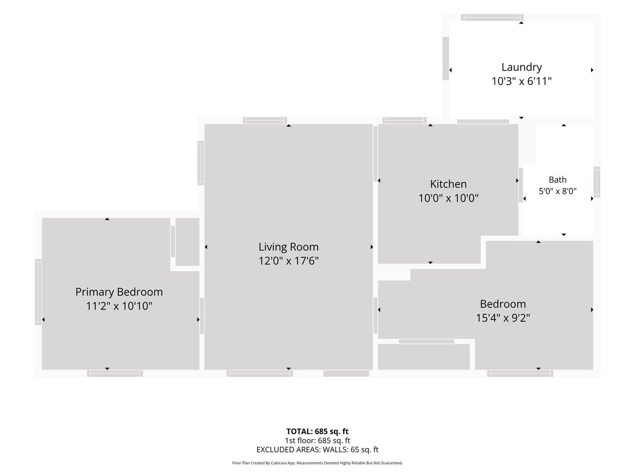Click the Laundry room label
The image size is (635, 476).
click(521, 67)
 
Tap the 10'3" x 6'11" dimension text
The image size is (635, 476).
click(521, 81)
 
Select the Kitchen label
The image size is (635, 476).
click(448, 184)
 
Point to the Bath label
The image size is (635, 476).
click(558, 180)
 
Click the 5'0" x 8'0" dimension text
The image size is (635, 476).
click(558, 191)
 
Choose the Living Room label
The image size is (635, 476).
click(289, 247)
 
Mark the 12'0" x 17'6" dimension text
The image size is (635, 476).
click(289, 261)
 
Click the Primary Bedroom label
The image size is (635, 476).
click(119, 292)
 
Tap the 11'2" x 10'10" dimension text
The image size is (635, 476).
click(119, 306)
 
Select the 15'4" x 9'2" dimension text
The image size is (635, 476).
click(503, 318)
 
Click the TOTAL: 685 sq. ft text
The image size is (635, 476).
click(317, 432)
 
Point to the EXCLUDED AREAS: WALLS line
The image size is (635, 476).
click(317, 450)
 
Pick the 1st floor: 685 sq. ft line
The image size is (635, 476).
click(317, 440)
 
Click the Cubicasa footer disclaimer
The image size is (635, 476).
click(317, 463)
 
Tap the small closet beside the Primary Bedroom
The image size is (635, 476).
click(187, 242)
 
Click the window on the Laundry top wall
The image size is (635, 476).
click(492, 17)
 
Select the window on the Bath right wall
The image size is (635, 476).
click(597, 182)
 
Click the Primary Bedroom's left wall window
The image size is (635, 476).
click(38, 292)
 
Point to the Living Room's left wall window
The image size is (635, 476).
click(201, 163)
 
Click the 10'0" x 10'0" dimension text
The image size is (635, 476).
click(448, 198)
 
